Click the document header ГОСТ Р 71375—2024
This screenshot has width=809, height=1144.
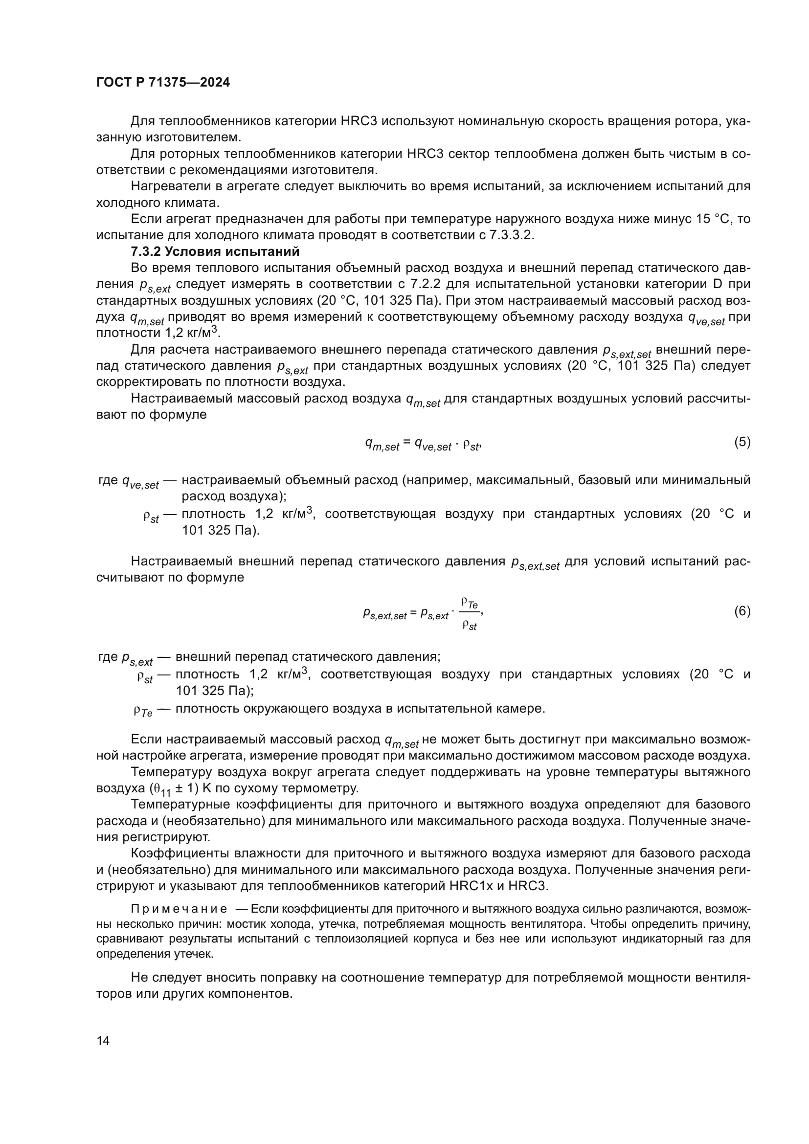click(x=163, y=83)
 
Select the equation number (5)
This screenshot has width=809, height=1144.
click(x=742, y=442)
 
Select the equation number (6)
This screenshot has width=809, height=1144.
click(x=742, y=611)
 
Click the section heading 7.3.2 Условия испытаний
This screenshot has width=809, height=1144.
click(x=215, y=251)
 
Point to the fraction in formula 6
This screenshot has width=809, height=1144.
click(x=469, y=614)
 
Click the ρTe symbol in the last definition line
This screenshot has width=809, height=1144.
click(x=142, y=710)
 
